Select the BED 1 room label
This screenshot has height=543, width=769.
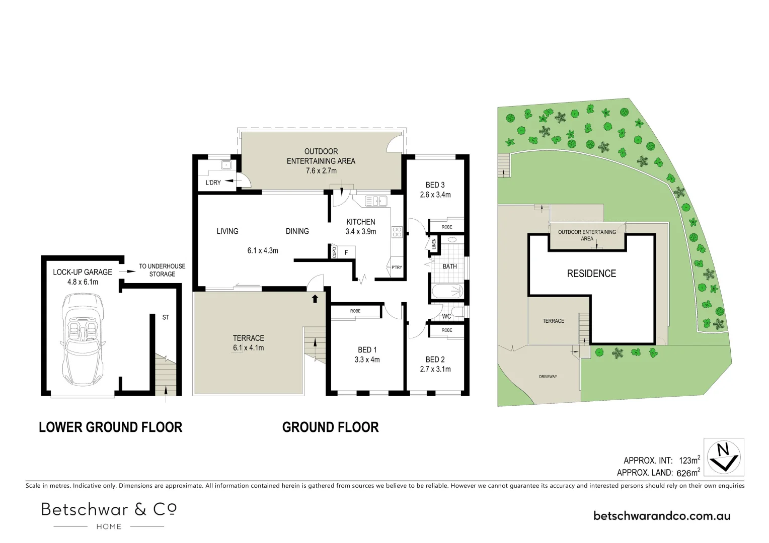point(367,350)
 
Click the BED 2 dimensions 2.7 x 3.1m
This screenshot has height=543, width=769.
point(435,369)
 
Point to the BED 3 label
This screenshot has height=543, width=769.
point(435,185)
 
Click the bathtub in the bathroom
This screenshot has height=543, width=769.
point(447,291)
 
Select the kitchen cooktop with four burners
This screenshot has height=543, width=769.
point(397,232)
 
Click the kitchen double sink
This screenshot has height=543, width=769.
point(375,201)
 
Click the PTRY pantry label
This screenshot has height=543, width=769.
point(397,267)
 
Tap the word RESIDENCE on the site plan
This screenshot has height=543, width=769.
point(591,274)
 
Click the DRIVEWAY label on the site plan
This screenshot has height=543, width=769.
point(548,377)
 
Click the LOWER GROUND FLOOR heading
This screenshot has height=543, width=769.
point(111,427)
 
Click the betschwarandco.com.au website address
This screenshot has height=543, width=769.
point(662,516)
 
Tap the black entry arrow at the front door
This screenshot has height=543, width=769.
point(315,299)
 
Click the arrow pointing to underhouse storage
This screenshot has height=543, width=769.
point(130,271)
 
